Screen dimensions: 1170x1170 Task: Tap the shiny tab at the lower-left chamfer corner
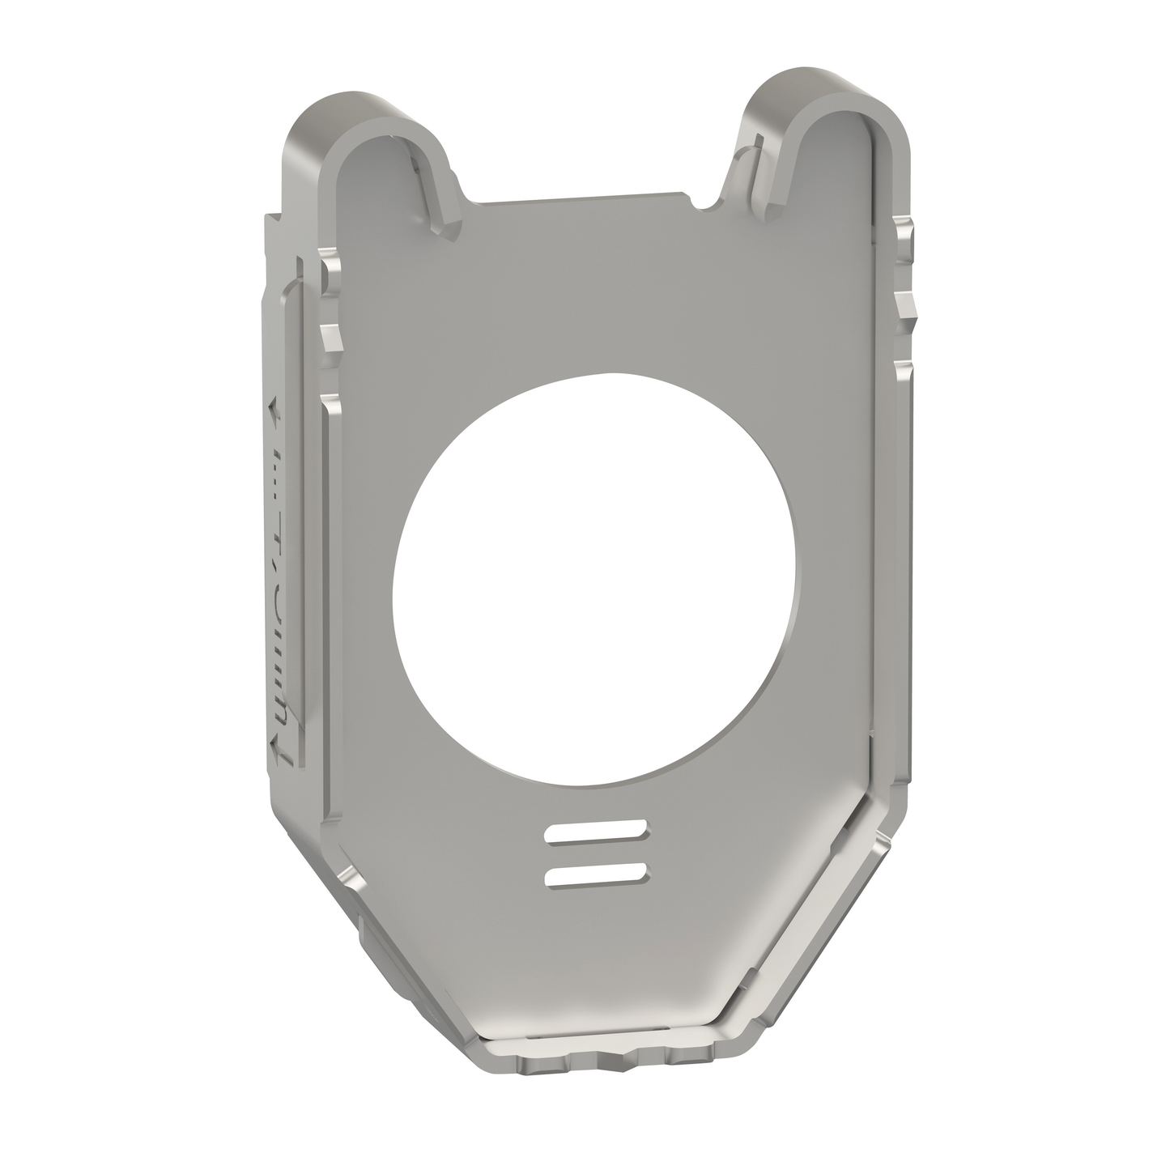tap(350, 877)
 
